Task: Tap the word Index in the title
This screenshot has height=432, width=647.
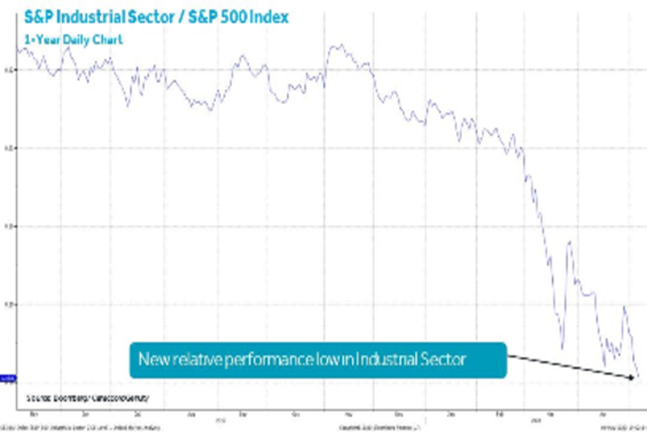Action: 272,17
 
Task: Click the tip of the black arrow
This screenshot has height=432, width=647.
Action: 633,377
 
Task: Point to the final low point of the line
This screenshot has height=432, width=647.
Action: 638,376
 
